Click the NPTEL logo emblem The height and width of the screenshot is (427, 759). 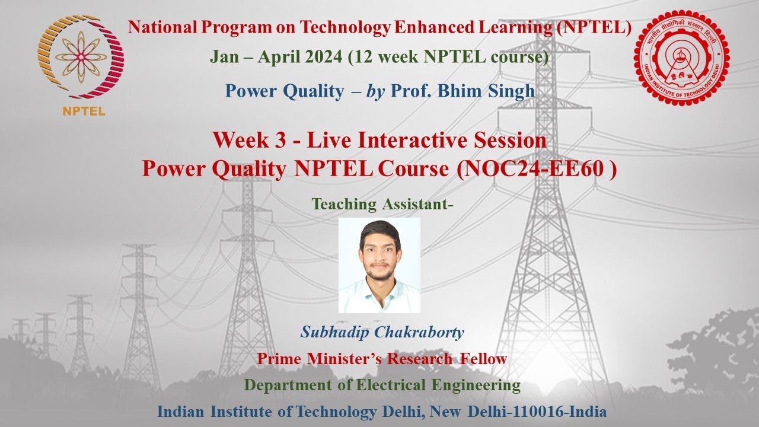pyautogui.click(x=81, y=56)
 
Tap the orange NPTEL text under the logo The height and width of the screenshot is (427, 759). pyautogui.click(x=84, y=111)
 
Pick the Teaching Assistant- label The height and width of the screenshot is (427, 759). pyautogui.click(x=382, y=204)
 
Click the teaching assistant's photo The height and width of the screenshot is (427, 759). pyautogui.click(x=379, y=265)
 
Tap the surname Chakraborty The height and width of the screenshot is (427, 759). pyautogui.click(x=419, y=332)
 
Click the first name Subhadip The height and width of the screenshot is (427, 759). pyautogui.click(x=335, y=332)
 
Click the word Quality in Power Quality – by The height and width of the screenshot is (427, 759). pyautogui.click(x=311, y=91)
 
